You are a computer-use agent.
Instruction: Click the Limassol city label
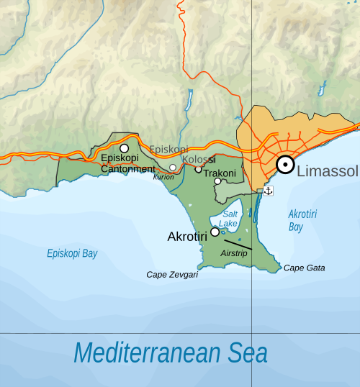click(x=328, y=171)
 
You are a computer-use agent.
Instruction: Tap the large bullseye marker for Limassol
click(x=285, y=165)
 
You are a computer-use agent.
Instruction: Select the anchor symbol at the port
click(x=269, y=191)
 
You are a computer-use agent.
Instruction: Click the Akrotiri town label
click(x=188, y=236)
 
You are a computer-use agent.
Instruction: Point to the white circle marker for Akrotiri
click(x=215, y=232)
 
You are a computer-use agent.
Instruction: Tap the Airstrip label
click(x=234, y=254)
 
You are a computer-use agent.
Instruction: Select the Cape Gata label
click(x=304, y=268)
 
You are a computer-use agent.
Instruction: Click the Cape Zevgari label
click(x=172, y=274)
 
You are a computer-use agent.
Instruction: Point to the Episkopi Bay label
click(x=72, y=254)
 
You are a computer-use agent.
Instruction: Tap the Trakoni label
click(x=220, y=173)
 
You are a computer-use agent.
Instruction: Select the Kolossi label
click(x=199, y=159)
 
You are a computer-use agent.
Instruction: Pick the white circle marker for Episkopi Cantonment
click(x=124, y=147)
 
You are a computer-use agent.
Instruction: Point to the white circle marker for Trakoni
click(x=217, y=181)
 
